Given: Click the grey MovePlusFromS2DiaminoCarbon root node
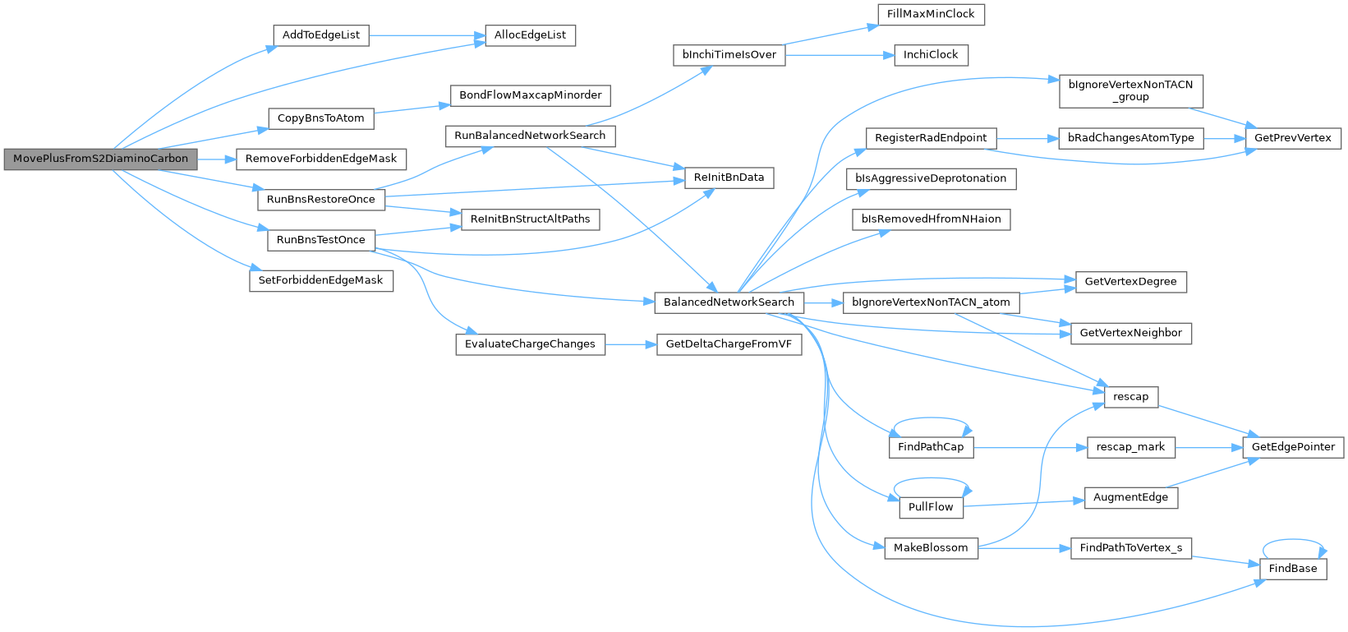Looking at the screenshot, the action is point(100,159).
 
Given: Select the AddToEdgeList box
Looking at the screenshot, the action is point(321,35).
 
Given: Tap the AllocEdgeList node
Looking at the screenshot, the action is point(530,35).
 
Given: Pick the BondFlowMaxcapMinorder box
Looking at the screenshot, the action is point(530,95).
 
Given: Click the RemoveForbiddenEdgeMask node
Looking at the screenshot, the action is point(321,159).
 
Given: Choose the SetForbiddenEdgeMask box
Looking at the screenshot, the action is point(321,280).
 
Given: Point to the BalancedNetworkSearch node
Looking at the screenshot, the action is point(729,302).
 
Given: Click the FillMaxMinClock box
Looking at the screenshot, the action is point(931,15).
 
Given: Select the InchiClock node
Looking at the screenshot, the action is point(931,55).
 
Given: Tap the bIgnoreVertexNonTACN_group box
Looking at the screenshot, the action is point(1131,91).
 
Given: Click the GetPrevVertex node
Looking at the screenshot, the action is point(1293,138).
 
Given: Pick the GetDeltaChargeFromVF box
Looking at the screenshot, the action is point(729,344).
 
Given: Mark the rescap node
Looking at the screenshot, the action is point(1131,397).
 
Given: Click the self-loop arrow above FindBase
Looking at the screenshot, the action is point(1293,541).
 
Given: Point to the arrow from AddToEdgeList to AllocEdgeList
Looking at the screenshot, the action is point(427,35).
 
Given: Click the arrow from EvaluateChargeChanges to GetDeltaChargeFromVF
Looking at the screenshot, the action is point(631,345).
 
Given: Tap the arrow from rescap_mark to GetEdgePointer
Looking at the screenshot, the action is point(1210,448).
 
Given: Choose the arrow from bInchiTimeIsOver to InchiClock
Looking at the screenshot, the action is point(840,55).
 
